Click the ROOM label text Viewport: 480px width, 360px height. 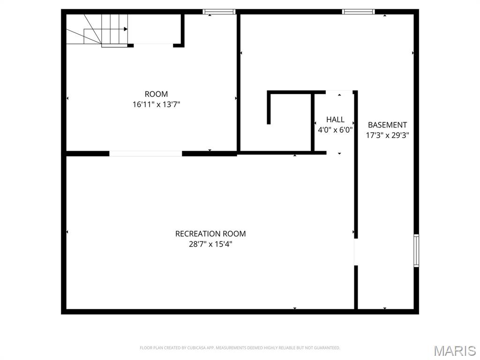click(156, 94)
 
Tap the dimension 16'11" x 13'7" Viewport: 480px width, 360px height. click(156, 105)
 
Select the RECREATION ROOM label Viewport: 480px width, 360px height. click(210, 233)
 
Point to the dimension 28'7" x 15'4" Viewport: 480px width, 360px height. click(210, 244)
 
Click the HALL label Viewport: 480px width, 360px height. click(335, 120)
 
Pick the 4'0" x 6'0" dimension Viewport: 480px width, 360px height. click(335, 130)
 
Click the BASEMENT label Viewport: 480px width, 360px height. click(387, 125)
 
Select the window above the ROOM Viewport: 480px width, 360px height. click(219, 12)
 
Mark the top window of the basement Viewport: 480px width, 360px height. click(359, 12)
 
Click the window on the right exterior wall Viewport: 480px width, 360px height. click(416, 251)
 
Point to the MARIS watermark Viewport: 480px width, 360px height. click(455, 350)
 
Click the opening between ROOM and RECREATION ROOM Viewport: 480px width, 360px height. click(145, 153)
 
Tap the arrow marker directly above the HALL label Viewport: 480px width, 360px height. click(339, 95)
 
